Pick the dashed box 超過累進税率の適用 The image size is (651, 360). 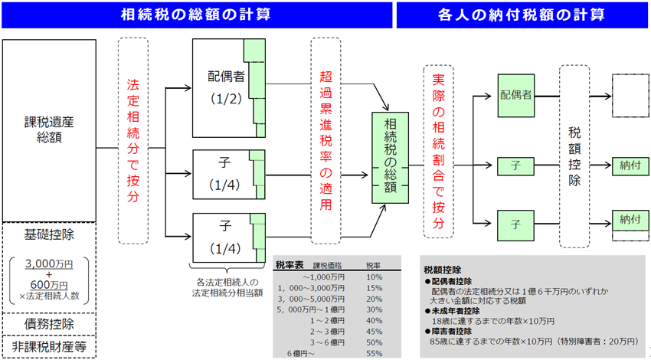(x=328, y=140)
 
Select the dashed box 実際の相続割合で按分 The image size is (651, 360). (x=438, y=149)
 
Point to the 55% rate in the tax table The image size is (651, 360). (x=374, y=353)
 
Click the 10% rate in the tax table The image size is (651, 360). (x=374, y=277)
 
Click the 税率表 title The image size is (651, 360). (x=290, y=265)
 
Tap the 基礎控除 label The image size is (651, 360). (x=54, y=232)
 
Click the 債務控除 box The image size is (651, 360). (x=54, y=324)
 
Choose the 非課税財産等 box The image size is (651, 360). (x=54, y=346)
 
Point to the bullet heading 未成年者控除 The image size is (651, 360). (x=460, y=312)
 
